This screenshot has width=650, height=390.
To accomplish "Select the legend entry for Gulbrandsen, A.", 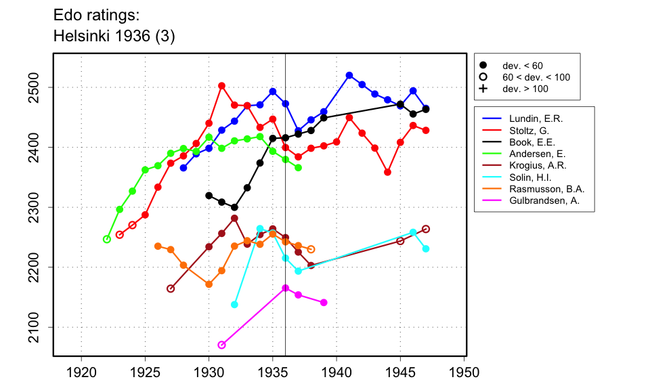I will click(x=546, y=201).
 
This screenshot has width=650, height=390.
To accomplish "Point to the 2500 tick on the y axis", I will click(x=53, y=87).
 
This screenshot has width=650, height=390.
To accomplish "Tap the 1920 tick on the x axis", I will click(x=81, y=356).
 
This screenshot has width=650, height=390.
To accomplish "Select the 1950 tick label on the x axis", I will click(x=464, y=372).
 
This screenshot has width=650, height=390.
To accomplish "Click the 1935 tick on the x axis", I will click(x=273, y=356).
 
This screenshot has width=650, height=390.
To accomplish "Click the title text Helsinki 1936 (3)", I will click(x=114, y=37).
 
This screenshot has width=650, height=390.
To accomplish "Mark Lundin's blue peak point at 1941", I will click(x=349, y=75).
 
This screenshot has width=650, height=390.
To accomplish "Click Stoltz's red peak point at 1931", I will click(x=221, y=86).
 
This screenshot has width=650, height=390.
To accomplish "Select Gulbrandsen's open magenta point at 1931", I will click(x=221, y=345).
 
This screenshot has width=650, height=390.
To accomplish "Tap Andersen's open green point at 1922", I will click(x=106, y=239).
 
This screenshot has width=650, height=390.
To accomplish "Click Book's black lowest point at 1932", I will click(x=234, y=208).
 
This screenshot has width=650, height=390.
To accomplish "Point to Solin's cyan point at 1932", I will click(x=234, y=305).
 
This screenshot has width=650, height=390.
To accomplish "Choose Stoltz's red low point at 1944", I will click(x=387, y=172).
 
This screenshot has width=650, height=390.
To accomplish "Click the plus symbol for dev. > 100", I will click(x=483, y=89).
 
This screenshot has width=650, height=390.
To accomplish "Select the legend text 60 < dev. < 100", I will click(x=536, y=77).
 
